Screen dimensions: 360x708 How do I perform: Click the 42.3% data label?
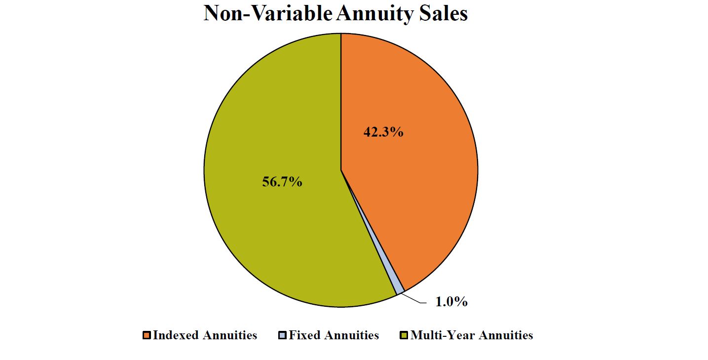(x=383, y=132)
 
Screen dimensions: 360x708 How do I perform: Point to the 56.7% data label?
(x=282, y=182)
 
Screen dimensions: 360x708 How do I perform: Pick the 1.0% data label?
(x=451, y=302)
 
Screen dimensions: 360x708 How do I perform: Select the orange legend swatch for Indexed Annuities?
(x=147, y=335)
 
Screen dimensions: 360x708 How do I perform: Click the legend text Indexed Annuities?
(x=205, y=335)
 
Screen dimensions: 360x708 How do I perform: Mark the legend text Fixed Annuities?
(x=334, y=335)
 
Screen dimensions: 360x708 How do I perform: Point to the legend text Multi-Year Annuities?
(x=471, y=335)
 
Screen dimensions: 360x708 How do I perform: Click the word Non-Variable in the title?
(x=266, y=13)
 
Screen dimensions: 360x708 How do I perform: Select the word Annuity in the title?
(x=373, y=13)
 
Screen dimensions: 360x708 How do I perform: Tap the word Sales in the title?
(x=442, y=13)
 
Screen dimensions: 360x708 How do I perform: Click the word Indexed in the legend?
(x=176, y=335)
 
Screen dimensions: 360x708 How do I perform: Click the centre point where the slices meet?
(x=341, y=170)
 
